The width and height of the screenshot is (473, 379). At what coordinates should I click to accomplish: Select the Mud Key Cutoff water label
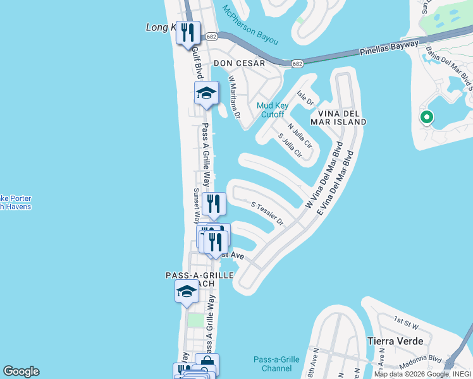(273, 110)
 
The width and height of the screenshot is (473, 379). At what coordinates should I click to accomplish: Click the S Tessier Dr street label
(268, 214)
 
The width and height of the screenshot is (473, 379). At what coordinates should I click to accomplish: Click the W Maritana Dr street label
(235, 97)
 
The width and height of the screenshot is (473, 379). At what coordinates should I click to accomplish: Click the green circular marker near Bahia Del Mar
(427, 117)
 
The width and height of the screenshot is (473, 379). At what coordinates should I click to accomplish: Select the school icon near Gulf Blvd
(206, 93)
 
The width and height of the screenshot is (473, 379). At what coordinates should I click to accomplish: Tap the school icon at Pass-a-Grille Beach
(187, 291)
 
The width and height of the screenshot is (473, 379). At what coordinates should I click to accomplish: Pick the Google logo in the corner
(21, 371)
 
